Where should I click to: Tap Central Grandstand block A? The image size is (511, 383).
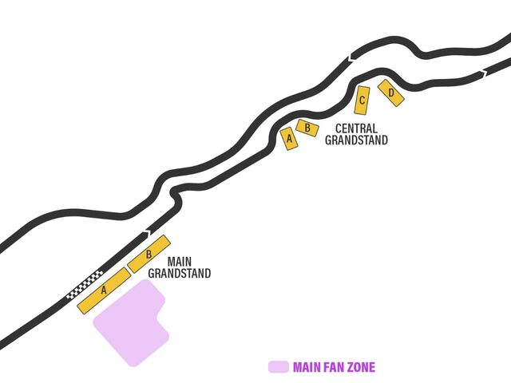click(x=290, y=139)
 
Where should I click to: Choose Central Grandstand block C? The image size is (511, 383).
click(x=362, y=101)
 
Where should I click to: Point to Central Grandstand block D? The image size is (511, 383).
click(x=391, y=93)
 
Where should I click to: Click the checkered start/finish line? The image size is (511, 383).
click(x=85, y=285)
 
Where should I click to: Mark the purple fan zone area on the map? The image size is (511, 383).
click(x=129, y=322)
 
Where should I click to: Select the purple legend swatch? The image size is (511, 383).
click(x=278, y=367)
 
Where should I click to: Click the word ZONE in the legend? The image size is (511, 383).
click(x=360, y=367)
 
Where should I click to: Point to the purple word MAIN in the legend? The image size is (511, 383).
click(x=307, y=367)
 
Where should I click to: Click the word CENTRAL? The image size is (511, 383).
click(x=356, y=128)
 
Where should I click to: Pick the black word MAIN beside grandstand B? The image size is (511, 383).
click(x=180, y=262)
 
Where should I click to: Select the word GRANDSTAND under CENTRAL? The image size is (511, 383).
click(x=356, y=140)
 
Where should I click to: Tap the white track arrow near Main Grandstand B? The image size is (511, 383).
click(x=145, y=233)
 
